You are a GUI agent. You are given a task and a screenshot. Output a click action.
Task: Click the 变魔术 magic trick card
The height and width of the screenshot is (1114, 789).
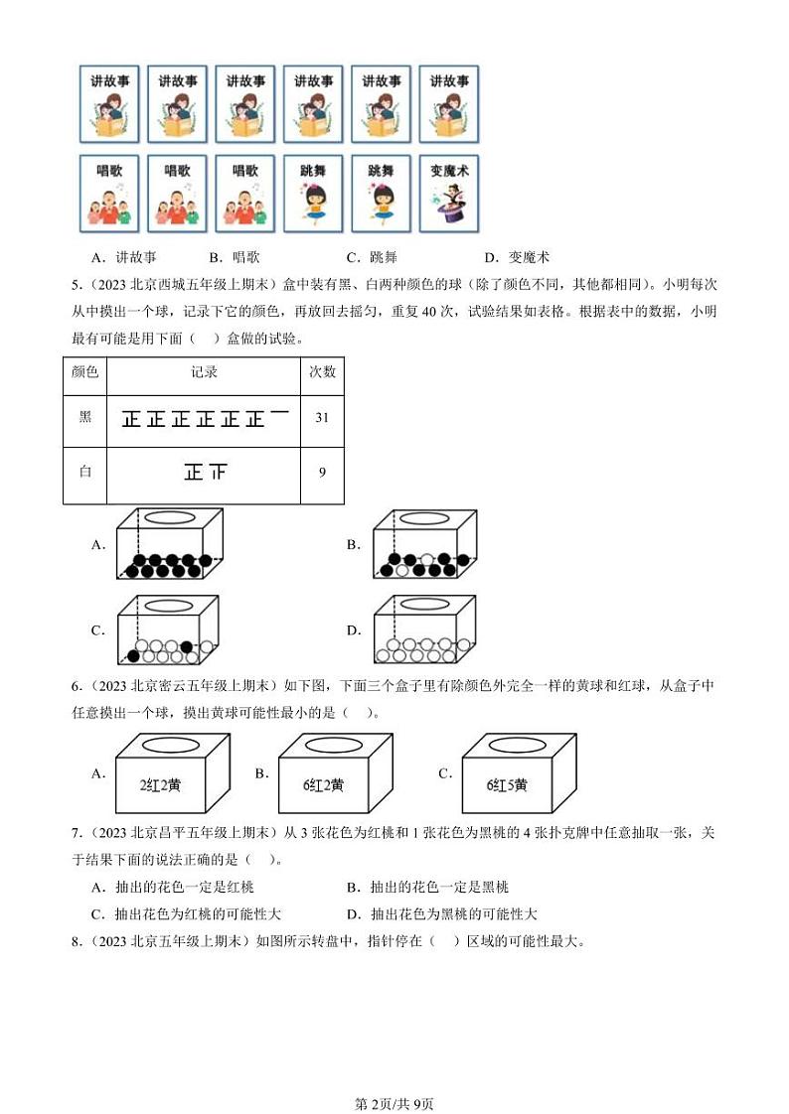pyautogui.click(x=449, y=193)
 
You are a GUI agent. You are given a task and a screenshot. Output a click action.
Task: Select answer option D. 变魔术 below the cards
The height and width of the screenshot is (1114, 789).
pyautogui.click(x=524, y=257)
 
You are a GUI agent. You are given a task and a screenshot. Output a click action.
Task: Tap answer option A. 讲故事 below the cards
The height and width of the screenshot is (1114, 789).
pyautogui.click(x=123, y=257)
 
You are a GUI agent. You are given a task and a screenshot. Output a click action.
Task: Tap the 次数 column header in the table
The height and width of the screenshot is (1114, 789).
pyautogui.click(x=322, y=372)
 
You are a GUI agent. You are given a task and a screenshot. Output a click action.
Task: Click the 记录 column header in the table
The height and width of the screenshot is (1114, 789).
pyautogui.click(x=204, y=372)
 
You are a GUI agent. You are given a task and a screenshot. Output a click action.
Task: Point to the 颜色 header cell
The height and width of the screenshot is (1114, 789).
pyautogui.click(x=84, y=372)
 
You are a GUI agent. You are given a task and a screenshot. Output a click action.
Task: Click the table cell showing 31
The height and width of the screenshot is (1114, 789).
pyautogui.click(x=322, y=418)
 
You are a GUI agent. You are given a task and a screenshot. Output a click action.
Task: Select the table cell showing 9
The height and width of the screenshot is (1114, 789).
pyautogui.click(x=322, y=473)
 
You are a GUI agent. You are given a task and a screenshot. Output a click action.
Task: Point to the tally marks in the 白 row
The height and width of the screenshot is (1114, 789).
pyautogui.click(x=205, y=473)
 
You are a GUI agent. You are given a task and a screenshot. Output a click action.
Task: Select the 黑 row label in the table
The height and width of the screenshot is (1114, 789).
pyautogui.click(x=84, y=418)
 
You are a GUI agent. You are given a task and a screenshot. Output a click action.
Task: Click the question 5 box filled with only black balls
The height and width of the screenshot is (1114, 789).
pyautogui.click(x=167, y=545)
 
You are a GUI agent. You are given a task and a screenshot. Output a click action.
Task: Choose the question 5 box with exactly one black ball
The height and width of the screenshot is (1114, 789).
pyautogui.click(x=167, y=630)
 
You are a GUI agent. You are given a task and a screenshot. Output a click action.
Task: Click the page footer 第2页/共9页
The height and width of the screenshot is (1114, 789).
pyautogui.click(x=394, y=1076)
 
